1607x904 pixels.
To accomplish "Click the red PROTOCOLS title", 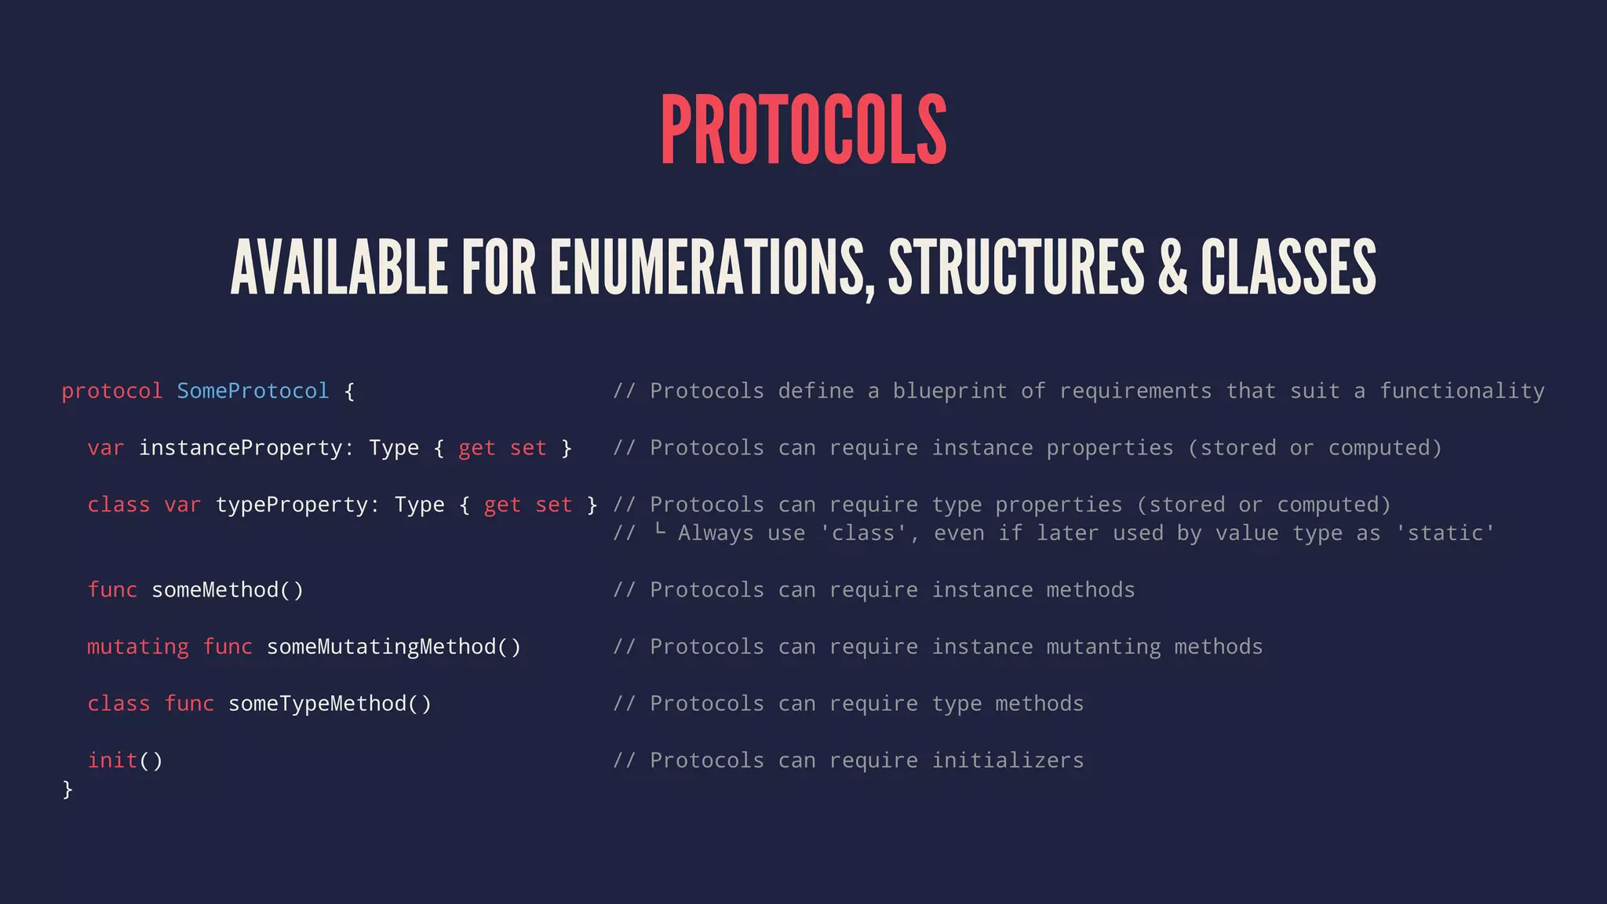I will [x=803, y=130].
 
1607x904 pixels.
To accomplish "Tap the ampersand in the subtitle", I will [x=1172, y=268].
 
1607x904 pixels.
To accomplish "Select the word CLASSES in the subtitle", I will [x=1288, y=268].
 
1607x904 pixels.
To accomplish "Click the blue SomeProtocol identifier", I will [x=253, y=391].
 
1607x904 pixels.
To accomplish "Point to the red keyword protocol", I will [x=111, y=391].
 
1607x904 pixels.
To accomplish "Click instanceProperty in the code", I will [x=241, y=448].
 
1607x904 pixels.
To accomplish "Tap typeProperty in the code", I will [x=291, y=505].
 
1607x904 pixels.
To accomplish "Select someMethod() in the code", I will [x=228, y=590].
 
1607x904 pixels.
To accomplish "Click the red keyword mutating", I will [x=138, y=647].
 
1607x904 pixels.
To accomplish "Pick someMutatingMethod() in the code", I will [x=394, y=647].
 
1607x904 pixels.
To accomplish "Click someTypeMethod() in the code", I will [x=330, y=704].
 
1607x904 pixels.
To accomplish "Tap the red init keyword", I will [x=112, y=760].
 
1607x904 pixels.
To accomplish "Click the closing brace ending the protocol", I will [x=67, y=789].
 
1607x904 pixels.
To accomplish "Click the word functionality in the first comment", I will [x=1462, y=391].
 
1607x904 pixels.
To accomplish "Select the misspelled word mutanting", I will [x=1103, y=647].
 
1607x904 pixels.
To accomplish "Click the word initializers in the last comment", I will [x=1008, y=760].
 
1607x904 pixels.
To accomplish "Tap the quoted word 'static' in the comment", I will [x=1445, y=534].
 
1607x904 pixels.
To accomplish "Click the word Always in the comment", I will [x=716, y=534].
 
